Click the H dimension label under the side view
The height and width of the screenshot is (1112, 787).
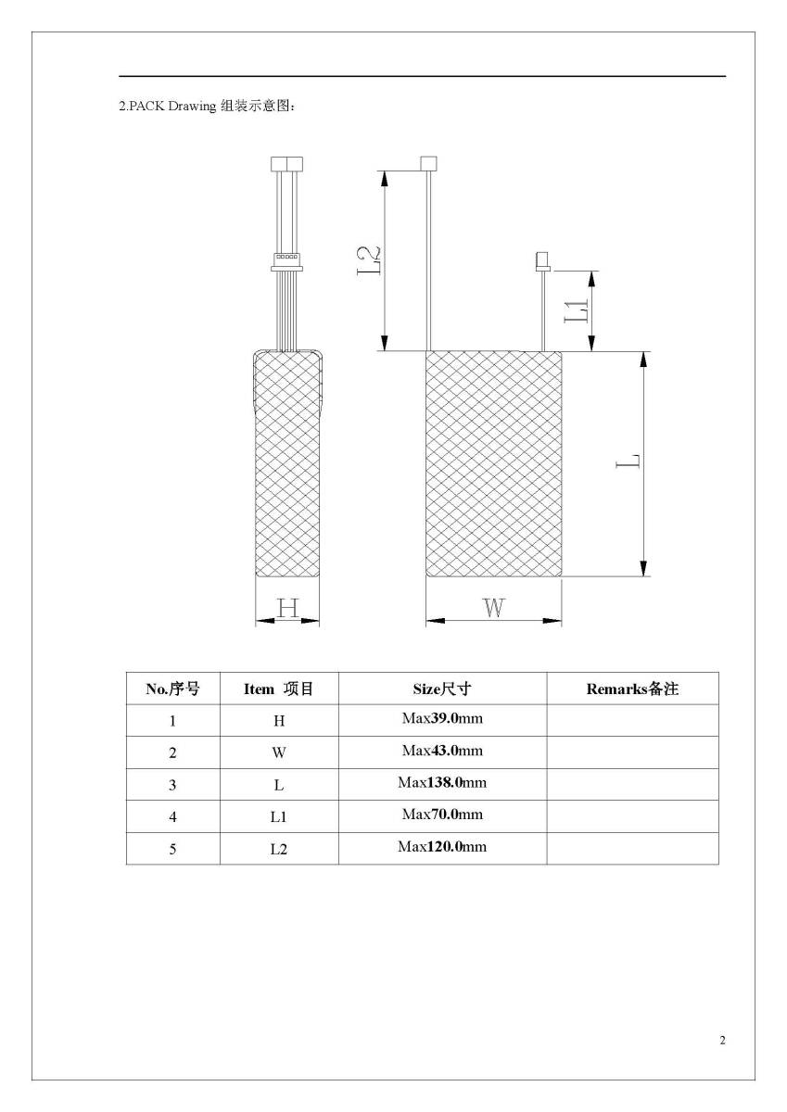pyautogui.click(x=288, y=608)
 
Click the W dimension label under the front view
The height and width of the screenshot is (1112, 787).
pyautogui.click(x=494, y=609)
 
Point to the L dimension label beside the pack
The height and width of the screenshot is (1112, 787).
pyautogui.click(x=630, y=461)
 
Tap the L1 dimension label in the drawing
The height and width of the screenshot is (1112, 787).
pyautogui.click(x=577, y=310)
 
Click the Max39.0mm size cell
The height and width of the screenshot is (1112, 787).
pyautogui.click(x=442, y=719)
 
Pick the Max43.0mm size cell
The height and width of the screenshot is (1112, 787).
pyautogui.click(x=442, y=751)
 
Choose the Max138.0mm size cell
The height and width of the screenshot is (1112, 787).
pyautogui.click(x=442, y=783)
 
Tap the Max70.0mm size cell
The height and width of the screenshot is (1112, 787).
pyautogui.click(x=442, y=815)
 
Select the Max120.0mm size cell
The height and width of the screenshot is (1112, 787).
pyautogui.click(x=442, y=847)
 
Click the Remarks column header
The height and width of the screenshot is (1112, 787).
pyautogui.click(x=632, y=689)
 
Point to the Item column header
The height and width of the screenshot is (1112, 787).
pyautogui.click(x=279, y=689)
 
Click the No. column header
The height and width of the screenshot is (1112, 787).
pyautogui.click(x=172, y=689)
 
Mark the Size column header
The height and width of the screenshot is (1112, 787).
pyautogui.click(x=442, y=689)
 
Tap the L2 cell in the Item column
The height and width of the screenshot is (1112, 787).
pyautogui.click(x=279, y=848)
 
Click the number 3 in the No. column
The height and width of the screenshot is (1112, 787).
pyautogui.click(x=172, y=784)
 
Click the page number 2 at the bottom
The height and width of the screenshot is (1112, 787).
pyautogui.click(x=722, y=1040)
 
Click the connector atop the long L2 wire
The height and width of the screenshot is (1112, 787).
pyautogui.click(x=428, y=164)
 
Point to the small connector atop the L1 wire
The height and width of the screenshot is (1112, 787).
pyautogui.click(x=541, y=261)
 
